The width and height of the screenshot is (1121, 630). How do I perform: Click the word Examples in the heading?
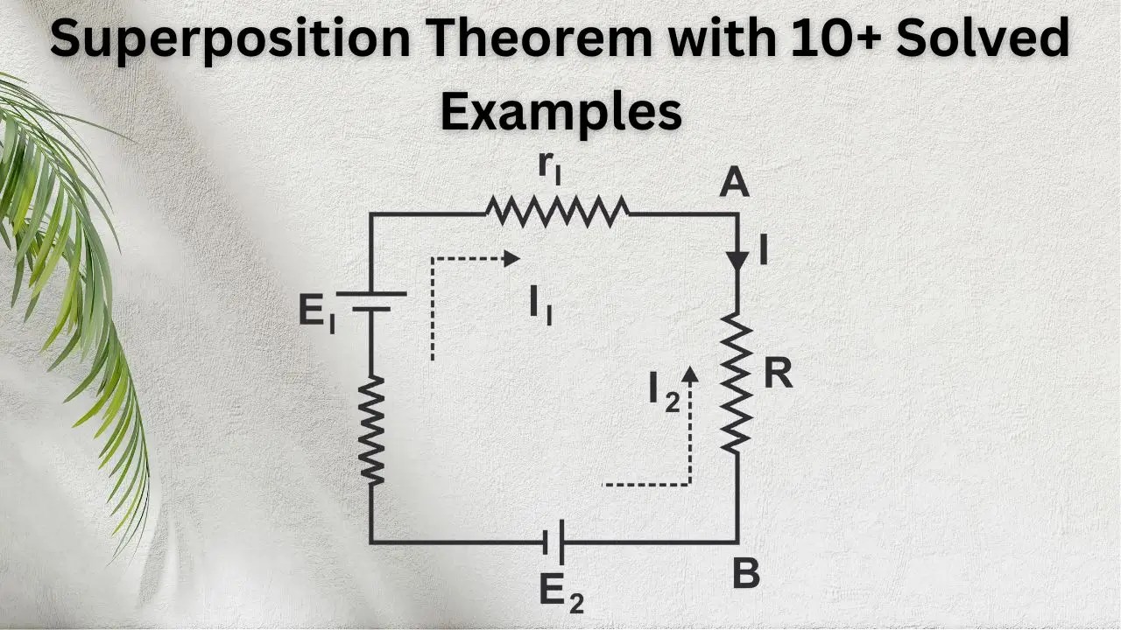click(x=560, y=111)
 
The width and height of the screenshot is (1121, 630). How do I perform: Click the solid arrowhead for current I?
click(x=737, y=259)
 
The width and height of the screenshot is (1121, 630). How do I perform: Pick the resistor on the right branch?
click(x=737, y=385)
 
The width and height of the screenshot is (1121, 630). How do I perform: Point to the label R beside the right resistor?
click(x=777, y=374)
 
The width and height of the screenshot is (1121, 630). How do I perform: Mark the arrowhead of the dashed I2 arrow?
click(x=690, y=374)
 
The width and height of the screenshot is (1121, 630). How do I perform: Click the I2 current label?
click(x=664, y=391)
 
